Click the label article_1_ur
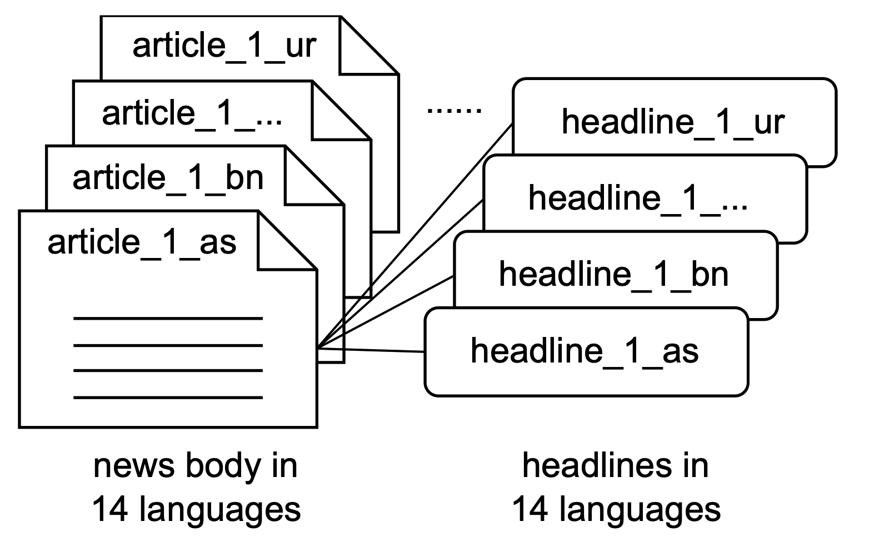pyautogui.click(x=224, y=46)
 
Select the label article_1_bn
pyautogui.click(x=168, y=178)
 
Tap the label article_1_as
pyautogui.click(x=142, y=242)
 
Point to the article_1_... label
pyautogui.click(x=192, y=113)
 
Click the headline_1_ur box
pyautogui.click(x=673, y=122)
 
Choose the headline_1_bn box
pyautogui.click(x=613, y=274)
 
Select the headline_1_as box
pyautogui.click(x=585, y=351)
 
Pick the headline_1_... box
pyautogui.click(x=638, y=197)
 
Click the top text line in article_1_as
pyautogui.click(x=168, y=319)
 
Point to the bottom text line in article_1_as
pyautogui.click(x=168, y=398)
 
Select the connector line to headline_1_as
pyautogui.click(x=372, y=350)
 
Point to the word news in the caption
pyautogui.click(x=133, y=466)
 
